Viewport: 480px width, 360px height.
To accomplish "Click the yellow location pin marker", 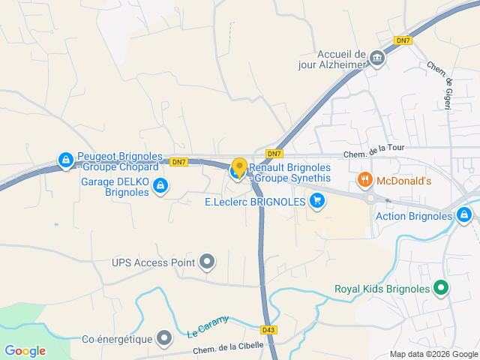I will tap(239, 167).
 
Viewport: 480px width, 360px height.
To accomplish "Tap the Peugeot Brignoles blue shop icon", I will tap(66, 160).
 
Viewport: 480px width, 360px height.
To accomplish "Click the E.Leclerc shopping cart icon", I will tap(317, 201).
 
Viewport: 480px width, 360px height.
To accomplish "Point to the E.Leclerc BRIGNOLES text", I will tap(255, 202).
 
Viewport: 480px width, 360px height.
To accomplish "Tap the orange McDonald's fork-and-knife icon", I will tap(364, 180).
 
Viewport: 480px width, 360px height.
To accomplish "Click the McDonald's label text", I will tap(404, 181).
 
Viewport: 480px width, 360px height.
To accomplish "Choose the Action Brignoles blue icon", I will tap(465, 216).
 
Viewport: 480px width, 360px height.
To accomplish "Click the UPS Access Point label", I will tap(153, 262).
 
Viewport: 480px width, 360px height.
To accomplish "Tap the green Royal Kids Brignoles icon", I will tap(441, 288).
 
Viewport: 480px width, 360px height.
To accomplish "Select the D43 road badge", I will tap(269, 328).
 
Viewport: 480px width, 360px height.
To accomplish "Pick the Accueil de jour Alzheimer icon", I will tap(376, 57).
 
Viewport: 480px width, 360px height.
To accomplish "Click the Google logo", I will tap(25, 350).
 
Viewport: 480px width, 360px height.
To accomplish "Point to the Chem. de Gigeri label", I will tap(441, 85).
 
